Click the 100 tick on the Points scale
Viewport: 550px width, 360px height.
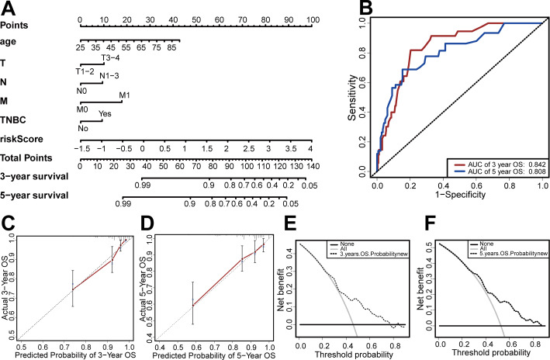click(310, 17)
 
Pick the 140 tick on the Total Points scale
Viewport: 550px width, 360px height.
click(310, 165)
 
